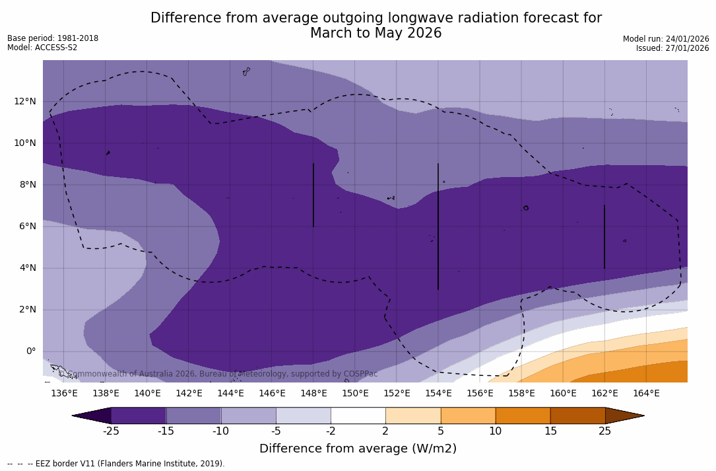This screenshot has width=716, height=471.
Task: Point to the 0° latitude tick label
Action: (30, 351)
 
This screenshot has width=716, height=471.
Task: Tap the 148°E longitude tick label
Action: (313, 394)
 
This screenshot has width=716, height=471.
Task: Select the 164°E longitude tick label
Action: (646, 394)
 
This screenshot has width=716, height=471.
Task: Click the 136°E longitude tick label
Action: (64, 394)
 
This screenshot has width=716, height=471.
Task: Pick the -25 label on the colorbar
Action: (111, 431)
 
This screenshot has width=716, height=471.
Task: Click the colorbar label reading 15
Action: (550, 431)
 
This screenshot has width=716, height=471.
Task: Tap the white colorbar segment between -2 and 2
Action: (358, 416)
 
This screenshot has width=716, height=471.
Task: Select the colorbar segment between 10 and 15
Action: (523, 416)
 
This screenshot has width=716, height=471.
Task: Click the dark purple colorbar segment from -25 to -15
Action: (139, 416)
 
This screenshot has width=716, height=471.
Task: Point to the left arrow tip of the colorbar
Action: (74, 416)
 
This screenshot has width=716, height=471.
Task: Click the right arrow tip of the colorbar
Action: (643, 416)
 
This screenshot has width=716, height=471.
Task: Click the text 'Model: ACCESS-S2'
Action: (42, 48)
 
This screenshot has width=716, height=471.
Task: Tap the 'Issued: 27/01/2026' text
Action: (672, 48)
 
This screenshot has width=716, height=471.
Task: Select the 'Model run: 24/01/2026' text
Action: (666, 39)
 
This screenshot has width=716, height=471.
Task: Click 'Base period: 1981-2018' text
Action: (53, 38)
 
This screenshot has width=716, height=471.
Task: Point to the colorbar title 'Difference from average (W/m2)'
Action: (358, 449)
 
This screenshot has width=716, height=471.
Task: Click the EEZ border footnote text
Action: (116, 464)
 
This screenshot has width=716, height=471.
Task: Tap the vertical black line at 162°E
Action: (604, 236)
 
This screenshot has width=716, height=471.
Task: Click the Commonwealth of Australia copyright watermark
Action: (218, 374)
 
